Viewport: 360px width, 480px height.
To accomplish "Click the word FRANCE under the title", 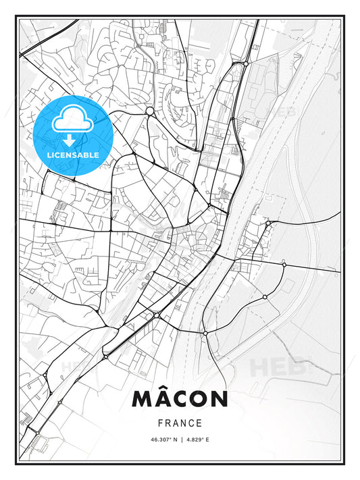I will [x=180, y=423].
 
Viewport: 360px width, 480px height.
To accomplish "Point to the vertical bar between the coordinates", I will [x=180, y=439].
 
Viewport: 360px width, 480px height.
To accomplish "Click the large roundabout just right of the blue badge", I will [x=149, y=111].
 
